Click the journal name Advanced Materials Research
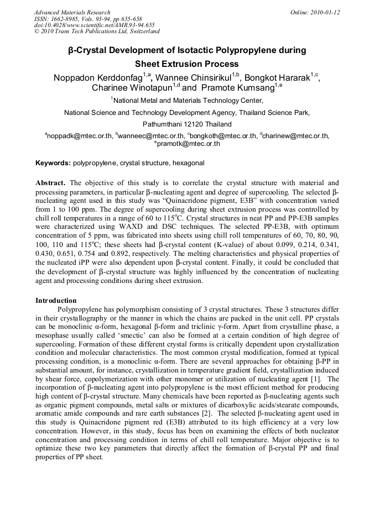[x=72, y=12]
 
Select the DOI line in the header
[x=94, y=25]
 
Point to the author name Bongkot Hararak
[x=277, y=77]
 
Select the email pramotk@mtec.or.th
[x=188, y=144]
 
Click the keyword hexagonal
[x=188, y=164]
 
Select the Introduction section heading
[x=56, y=301]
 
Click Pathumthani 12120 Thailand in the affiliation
[x=187, y=124]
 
